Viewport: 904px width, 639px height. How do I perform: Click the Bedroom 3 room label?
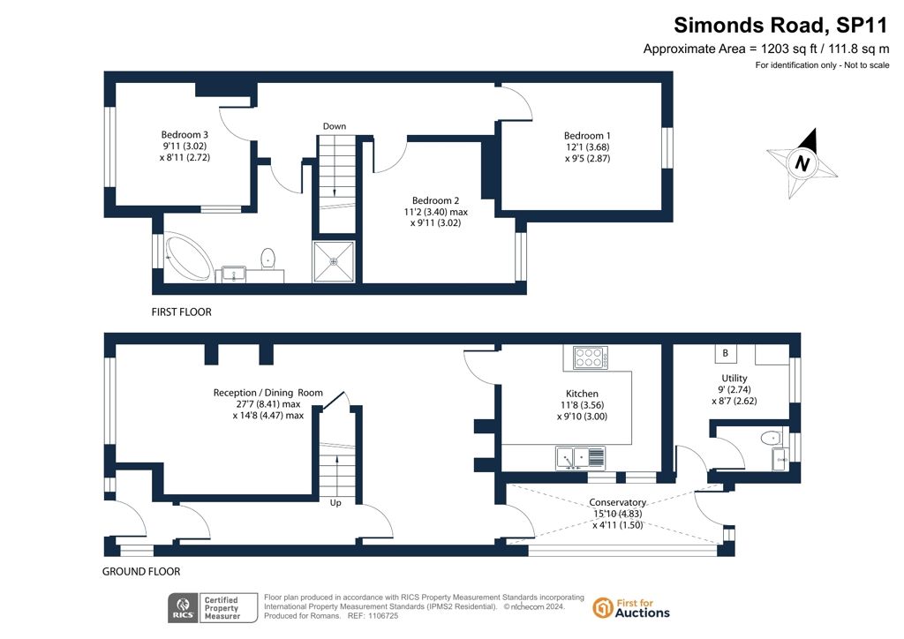pyautogui.click(x=185, y=135)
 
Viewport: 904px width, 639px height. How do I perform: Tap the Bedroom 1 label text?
pyautogui.click(x=587, y=136)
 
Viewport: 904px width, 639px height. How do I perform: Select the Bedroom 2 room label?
pyautogui.click(x=435, y=200)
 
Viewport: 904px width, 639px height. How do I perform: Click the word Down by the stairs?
pyautogui.click(x=335, y=126)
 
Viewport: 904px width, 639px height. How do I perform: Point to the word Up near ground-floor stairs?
pyautogui.click(x=335, y=503)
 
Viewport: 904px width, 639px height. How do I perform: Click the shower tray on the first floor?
pyautogui.click(x=334, y=261)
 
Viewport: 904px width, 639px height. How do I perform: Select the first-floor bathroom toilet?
pyautogui.click(x=268, y=259)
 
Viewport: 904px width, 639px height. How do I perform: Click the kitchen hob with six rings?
pyautogui.click(x=590, y=357)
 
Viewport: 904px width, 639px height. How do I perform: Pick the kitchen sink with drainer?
pyautogui.click(x=581, y=458)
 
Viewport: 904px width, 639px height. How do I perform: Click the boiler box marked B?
pyautogui.click(x=726, y=353)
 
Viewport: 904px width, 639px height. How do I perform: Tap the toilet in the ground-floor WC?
pyautogui.click(x=771, y=439)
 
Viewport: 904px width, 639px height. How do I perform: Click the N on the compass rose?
pyautogui.click(x=802, y=163)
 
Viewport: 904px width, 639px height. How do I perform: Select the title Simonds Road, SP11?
pyautogui.click(x=780, y=26)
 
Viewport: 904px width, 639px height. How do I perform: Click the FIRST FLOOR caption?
pyautogui.click(x=182, y=312)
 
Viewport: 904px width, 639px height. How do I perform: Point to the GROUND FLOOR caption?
pyautogui.click(x=141, y=572)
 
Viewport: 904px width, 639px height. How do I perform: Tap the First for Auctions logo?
pyautogui.click(x=631, y=608)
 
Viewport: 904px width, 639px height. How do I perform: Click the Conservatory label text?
pyautogui.click(x=617, y=502)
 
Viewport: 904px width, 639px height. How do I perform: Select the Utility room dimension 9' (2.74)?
pyautogui.click(x=734, y=389)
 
